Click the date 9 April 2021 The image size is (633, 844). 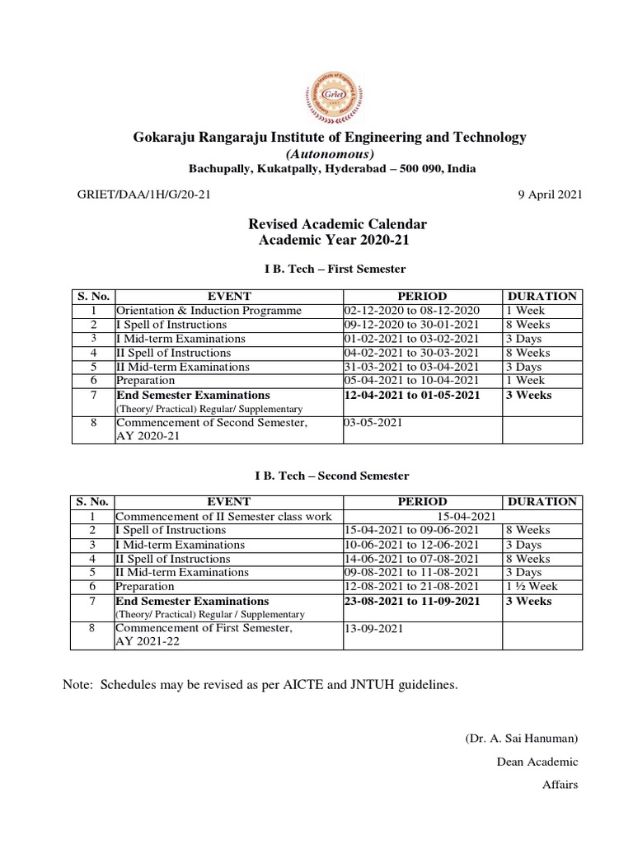[549, 195]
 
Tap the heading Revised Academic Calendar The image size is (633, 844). [338, 224]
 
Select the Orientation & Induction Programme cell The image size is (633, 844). [209, 311]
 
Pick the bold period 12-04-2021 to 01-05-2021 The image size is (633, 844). [413, 395]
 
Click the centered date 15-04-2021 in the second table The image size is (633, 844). [461, 516]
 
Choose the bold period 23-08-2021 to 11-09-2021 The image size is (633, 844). [413, 601]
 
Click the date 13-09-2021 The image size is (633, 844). [373, 629]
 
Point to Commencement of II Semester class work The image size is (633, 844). [223, 516]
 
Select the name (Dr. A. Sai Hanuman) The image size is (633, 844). [522, 738]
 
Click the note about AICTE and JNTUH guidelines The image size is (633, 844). [260, 685]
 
